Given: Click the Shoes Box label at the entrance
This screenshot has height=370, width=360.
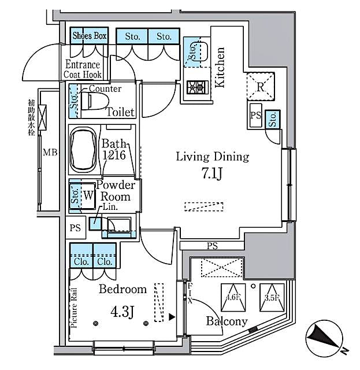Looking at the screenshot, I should pyautogui.click(x=90, y=36).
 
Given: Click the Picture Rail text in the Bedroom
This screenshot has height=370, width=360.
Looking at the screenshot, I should pyautogui.click(x=75, y=308).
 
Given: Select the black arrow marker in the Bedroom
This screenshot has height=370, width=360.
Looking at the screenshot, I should pyautogui.click(x=172, y=317).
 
